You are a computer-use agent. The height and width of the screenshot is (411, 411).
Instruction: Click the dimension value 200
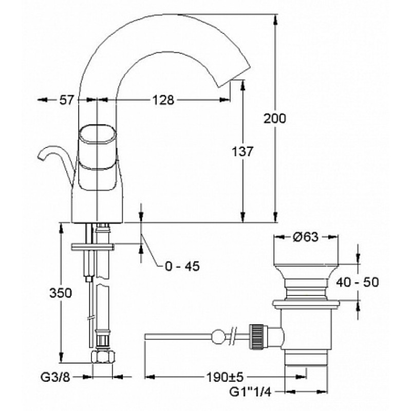[274, 119]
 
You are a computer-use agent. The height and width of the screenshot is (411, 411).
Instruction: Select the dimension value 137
[242, 152]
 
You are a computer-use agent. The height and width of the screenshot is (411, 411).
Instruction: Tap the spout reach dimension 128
[163, 100]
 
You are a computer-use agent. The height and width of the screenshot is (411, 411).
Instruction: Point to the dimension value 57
[67, 100]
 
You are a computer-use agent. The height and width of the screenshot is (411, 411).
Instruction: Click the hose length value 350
[61, 293]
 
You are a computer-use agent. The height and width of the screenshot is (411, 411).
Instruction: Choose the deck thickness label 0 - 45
[182, 266]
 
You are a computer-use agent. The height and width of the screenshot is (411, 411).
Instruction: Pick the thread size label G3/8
[55, 377]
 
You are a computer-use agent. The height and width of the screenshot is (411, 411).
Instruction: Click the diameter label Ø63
[306, 237]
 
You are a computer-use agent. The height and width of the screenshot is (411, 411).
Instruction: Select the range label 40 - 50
[358, 282]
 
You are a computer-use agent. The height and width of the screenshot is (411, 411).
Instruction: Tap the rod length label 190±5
[226, 377]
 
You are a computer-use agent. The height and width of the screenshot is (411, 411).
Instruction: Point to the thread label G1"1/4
[250, 392]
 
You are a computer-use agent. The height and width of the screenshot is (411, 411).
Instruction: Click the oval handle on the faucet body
[97, 135]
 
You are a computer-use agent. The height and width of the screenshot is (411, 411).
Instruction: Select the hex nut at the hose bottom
[103, 357]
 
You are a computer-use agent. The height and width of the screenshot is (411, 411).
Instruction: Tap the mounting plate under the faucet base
[92, 247]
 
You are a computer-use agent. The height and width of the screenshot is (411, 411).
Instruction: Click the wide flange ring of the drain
[306, 304]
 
